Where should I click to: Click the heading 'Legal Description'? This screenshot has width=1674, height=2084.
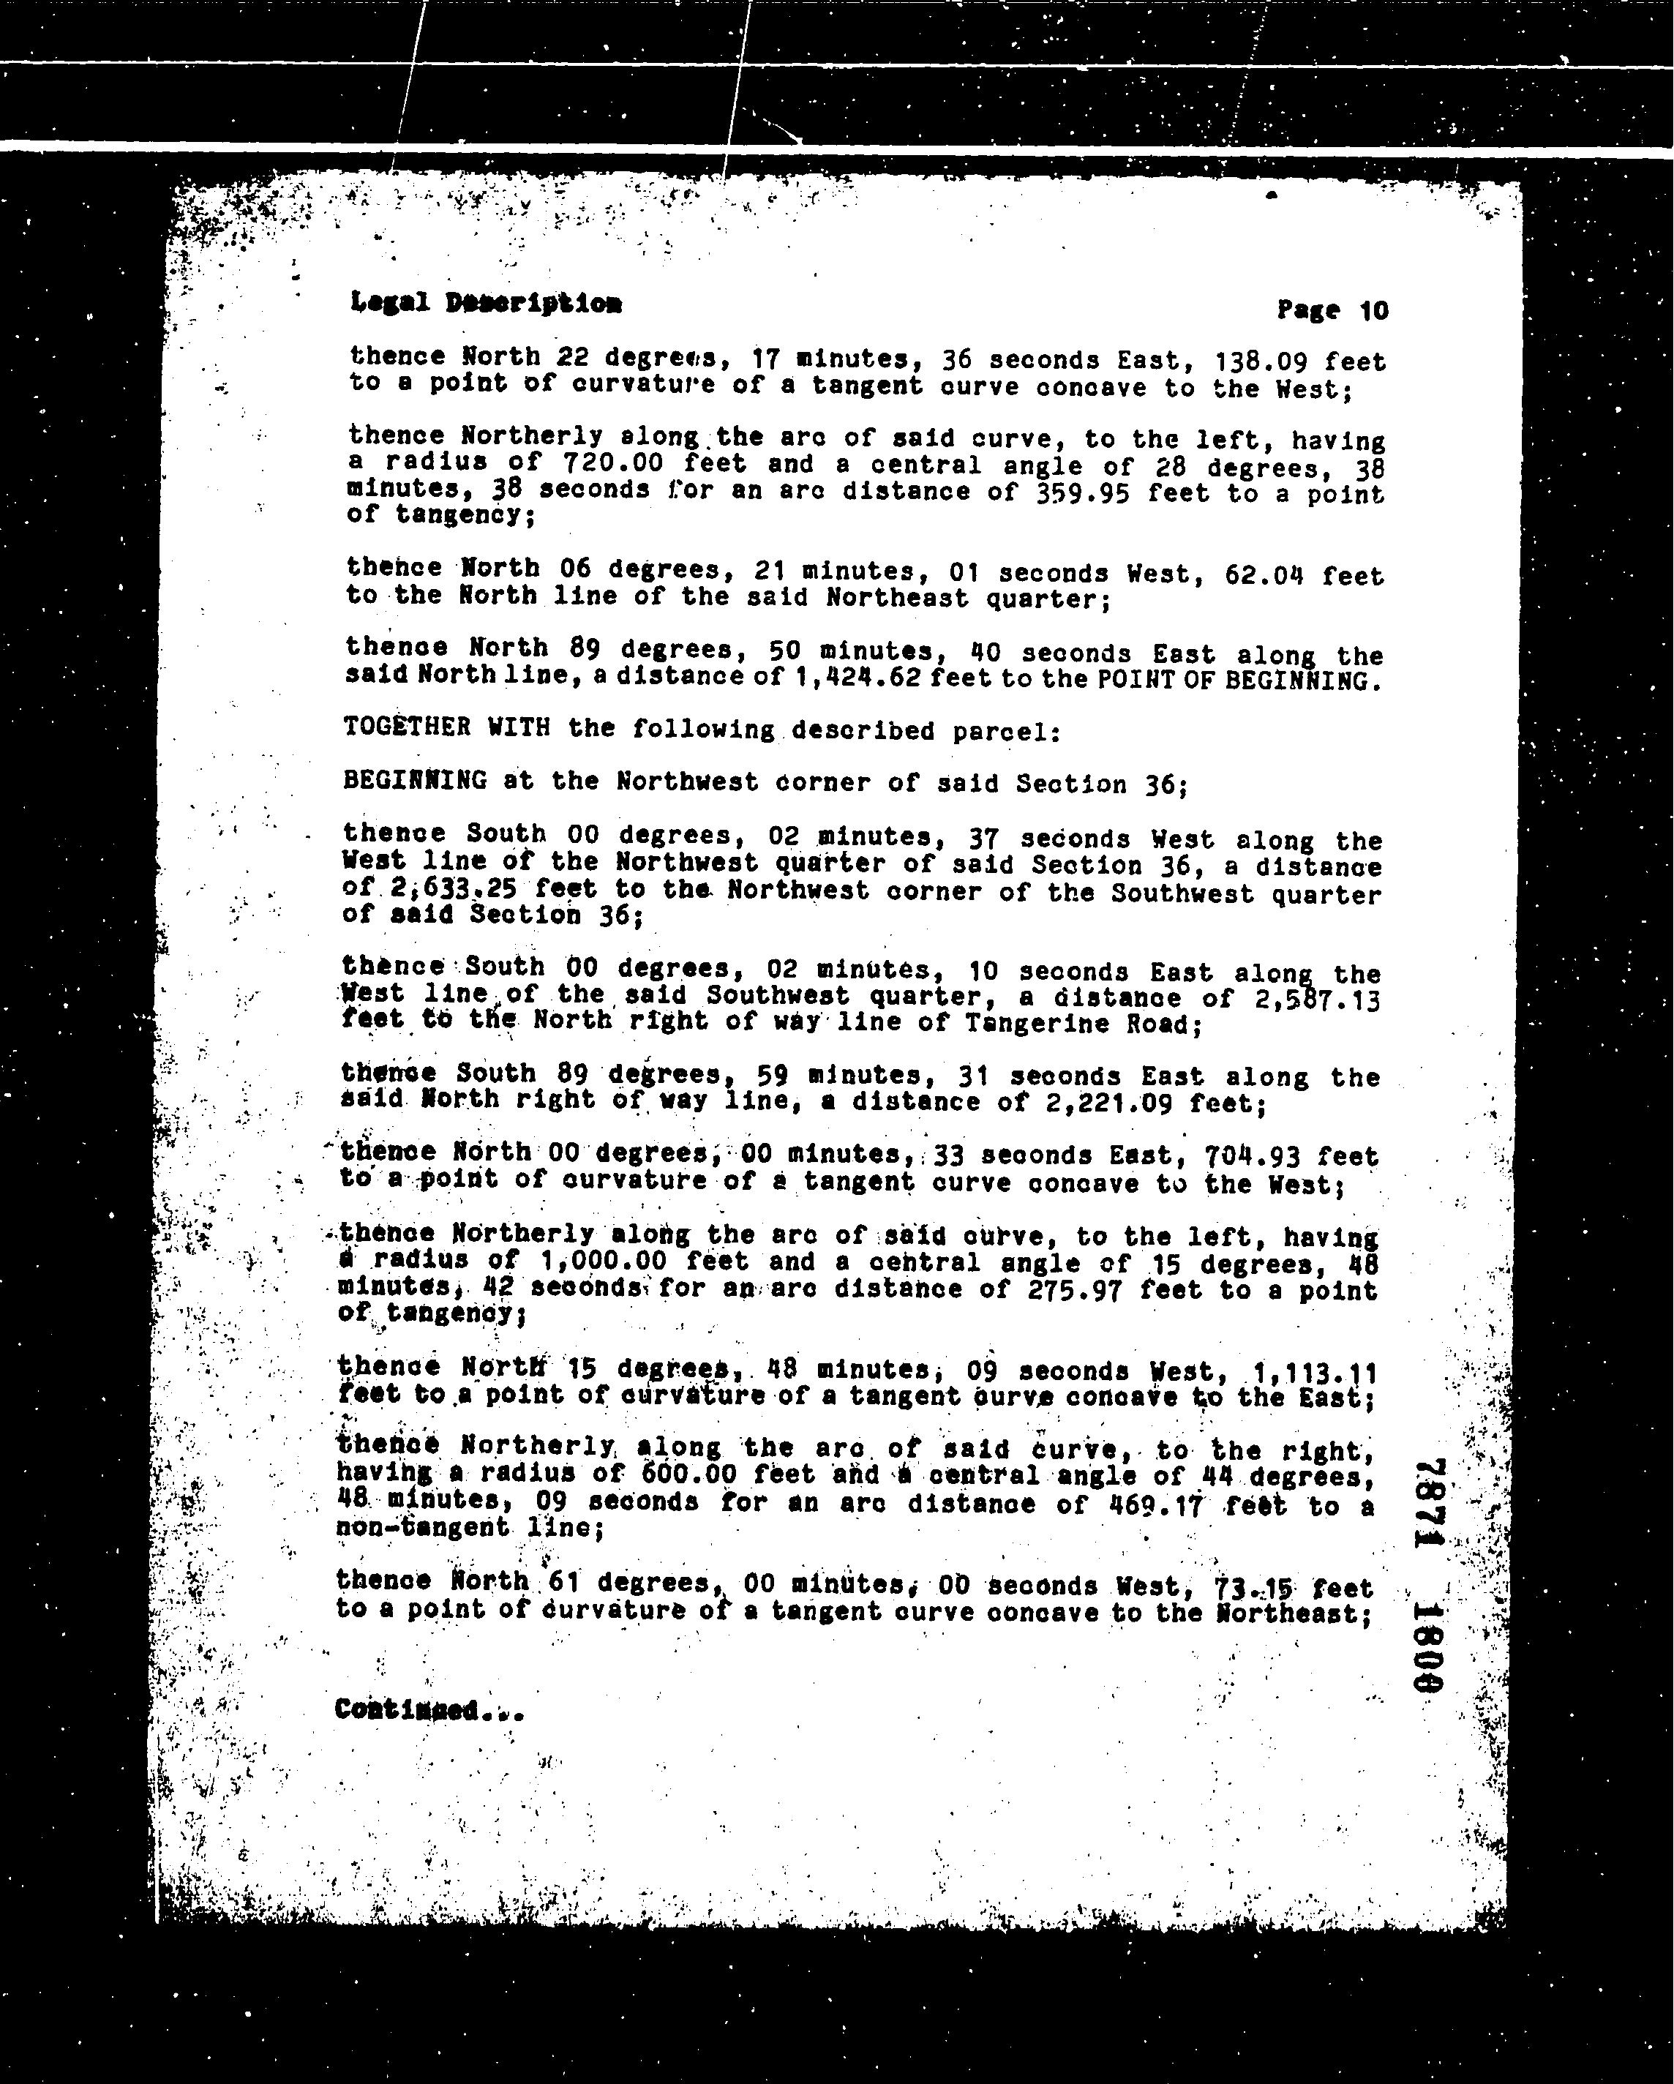tap(486, 304)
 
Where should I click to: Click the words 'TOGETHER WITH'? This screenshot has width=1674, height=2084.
tap(446, 727)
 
